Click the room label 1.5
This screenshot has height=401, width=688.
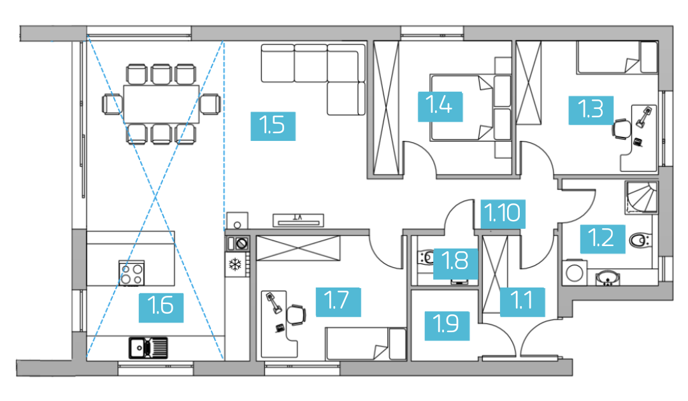pos(273,126)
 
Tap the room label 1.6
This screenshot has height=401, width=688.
pos(161,306)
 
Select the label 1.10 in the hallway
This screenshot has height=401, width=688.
pos(503,213)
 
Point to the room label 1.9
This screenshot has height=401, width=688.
pos(447,326)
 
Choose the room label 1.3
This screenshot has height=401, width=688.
pos(591,110)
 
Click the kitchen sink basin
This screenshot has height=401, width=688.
pos(140,347)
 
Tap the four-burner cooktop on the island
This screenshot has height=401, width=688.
pos(132,273)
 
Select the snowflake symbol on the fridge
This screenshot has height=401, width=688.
pos(236,265)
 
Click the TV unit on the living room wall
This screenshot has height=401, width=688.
pos(298,220)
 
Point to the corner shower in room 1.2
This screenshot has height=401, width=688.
pos(641,198)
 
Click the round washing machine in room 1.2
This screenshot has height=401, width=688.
pos(574,273)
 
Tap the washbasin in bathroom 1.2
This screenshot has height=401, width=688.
pos(608,278)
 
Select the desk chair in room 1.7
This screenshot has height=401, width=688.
pos(296,314)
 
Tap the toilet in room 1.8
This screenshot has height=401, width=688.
pos(426,258)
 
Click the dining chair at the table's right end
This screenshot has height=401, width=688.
pos(210,104)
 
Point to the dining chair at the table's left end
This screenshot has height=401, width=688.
pos(112,104)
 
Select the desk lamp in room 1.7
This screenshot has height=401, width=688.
pos(273,303)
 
